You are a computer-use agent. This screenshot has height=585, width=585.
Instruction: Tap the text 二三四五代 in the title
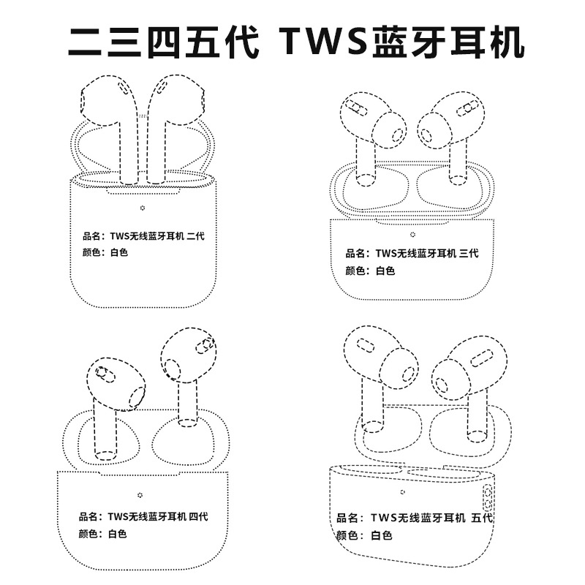162,42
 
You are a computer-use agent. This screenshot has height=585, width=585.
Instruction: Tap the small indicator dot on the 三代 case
412,234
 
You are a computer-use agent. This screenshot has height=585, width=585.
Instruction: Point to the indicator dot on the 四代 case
140,494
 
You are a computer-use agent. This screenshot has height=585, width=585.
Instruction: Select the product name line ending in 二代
143,235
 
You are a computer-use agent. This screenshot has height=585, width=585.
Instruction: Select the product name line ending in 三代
412,254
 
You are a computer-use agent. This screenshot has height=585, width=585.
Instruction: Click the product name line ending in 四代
143,517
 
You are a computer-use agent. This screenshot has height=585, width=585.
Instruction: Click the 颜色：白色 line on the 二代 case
105,253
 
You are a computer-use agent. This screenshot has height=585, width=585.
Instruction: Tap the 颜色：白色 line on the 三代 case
370,271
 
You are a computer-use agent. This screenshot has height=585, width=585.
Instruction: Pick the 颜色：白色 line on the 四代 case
102,535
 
